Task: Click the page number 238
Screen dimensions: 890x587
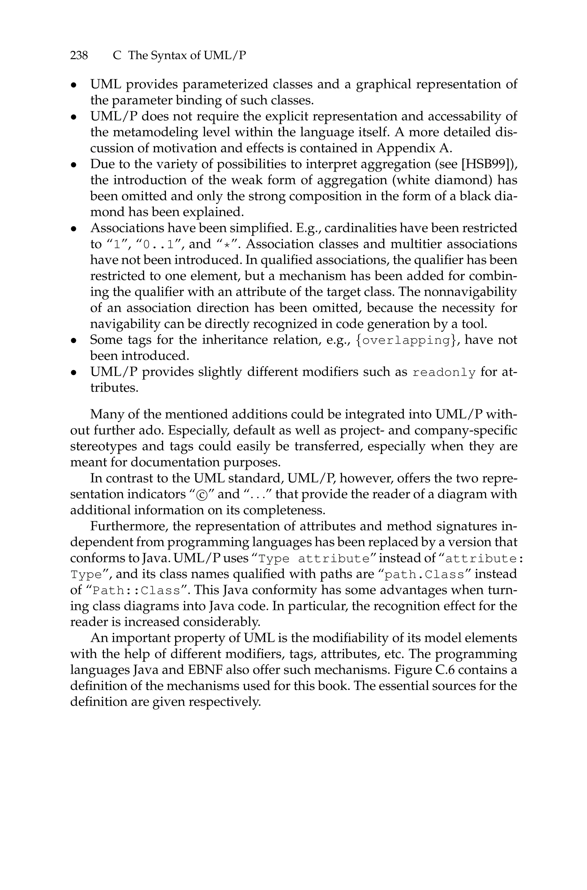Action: point(79,56)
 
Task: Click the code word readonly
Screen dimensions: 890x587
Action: point(444,373)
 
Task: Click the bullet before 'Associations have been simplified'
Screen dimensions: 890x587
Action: point(74,229)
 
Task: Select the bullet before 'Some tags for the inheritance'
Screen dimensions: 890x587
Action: point(74,341)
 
